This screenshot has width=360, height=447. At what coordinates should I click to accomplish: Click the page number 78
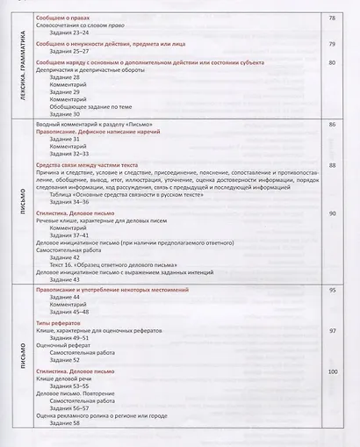[x=332, y=18]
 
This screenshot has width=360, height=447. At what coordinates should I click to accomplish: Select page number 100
[x=333, y=372]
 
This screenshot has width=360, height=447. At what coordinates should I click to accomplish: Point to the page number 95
[x=333, y=289]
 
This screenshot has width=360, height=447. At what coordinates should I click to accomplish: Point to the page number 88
[x=332, y=164]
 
